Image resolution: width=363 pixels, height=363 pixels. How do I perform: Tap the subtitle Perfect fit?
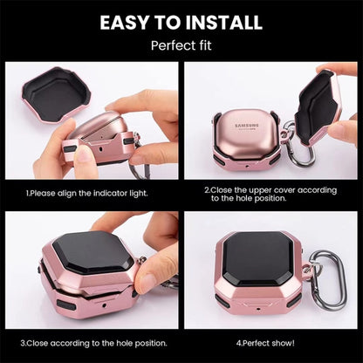click(x=181, y=44)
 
